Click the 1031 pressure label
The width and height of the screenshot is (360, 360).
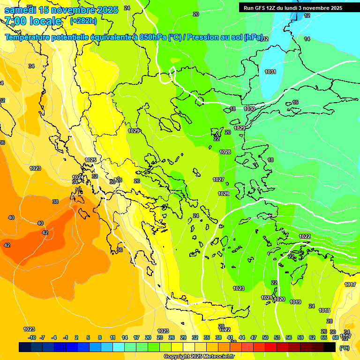point(270,72)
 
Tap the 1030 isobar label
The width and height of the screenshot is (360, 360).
point(249,109)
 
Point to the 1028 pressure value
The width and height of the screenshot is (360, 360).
point(225,152)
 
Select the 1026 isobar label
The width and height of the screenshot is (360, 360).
point(224,194)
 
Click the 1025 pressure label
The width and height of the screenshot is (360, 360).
point(90,160)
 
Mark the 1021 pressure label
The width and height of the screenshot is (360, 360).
point(267,298)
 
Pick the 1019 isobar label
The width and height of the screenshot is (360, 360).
point(295,302)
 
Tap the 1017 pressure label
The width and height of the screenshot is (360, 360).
point(350,285)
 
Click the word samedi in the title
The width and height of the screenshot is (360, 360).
point(19,10)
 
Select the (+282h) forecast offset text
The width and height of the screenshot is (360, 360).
point(83,21)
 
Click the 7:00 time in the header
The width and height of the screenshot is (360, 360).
point(14,21)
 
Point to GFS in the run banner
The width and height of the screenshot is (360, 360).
point(261,8)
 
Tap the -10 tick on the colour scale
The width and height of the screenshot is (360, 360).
point(32,337)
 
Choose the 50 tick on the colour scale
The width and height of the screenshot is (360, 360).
point(265,337)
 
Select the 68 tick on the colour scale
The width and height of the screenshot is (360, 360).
point(335,337)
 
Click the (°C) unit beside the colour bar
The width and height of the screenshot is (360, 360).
point(345,347)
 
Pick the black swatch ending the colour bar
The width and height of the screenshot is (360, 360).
point(330,347)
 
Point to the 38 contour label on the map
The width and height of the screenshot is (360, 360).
point(55,202)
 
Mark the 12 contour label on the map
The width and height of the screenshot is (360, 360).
point(307,15)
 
